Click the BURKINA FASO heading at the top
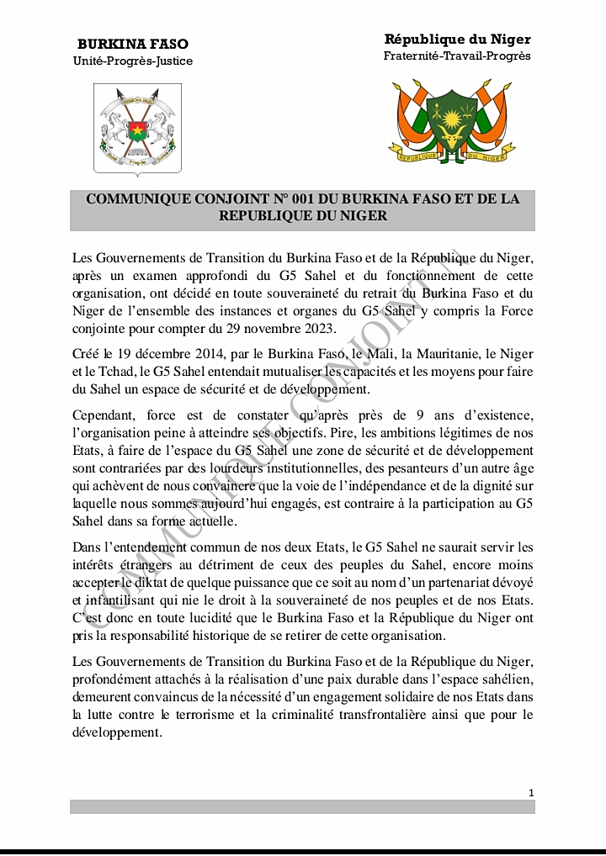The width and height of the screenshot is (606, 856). [x=133, y=44]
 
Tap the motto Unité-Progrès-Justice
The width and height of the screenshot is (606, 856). [x=133, y=61]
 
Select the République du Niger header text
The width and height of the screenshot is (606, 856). [x=457, y=40]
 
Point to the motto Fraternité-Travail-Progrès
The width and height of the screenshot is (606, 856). [x=457, y=56]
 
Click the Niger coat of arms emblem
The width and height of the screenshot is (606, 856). [x=457, y=122]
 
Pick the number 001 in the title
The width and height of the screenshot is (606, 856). [x=307, y=199]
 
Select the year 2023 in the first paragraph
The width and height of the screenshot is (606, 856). [x=319, y=327]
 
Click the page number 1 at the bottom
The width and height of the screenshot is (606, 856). [x=531, y=792]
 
